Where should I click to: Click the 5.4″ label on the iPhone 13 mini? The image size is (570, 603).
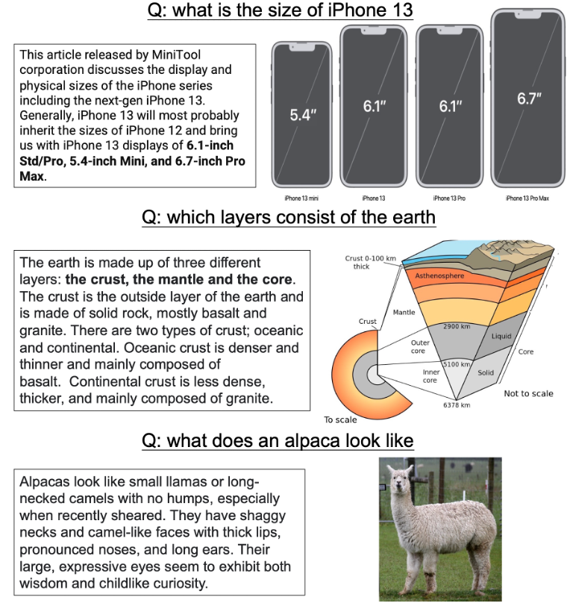303,115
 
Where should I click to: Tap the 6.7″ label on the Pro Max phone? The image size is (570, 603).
530,99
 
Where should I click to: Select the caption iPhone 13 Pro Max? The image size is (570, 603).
527,199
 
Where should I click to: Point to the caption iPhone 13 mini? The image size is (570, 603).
301,199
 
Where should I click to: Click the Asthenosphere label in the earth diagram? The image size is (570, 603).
439,276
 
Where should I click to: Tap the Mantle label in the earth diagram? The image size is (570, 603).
404,312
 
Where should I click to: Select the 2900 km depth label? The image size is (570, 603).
456,327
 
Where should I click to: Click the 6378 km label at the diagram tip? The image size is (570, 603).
456,404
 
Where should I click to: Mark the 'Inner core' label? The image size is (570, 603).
431,375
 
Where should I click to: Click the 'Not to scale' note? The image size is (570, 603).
528,393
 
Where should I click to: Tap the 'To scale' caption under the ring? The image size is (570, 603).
340,419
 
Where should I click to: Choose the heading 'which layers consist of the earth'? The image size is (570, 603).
289,217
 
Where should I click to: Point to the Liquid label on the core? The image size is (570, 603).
501,336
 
